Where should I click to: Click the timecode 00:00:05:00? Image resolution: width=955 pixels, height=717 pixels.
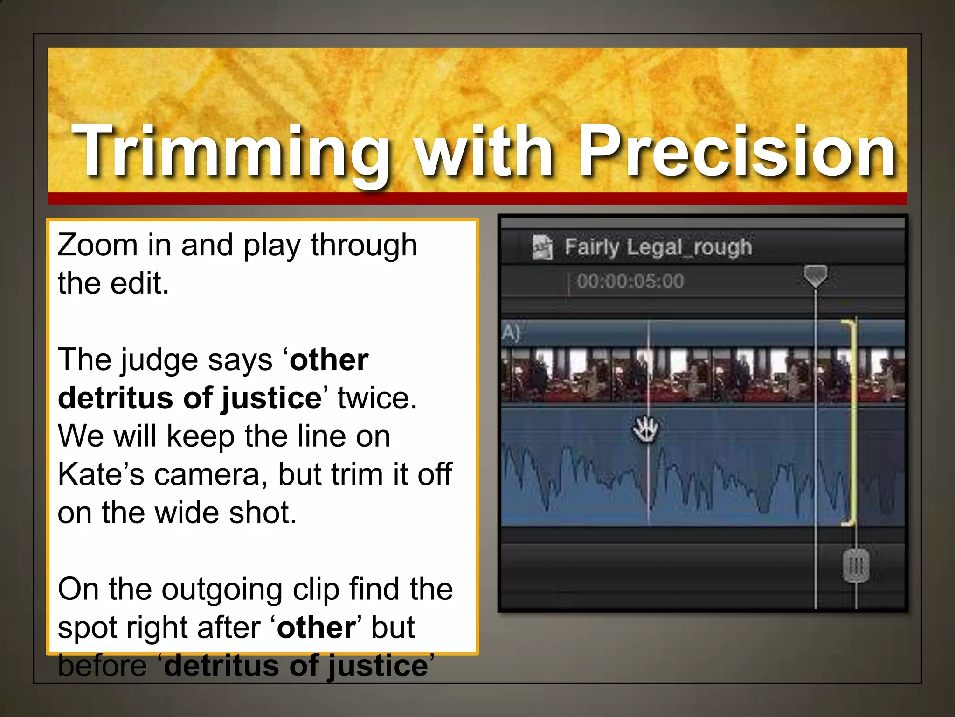tap(630, 281)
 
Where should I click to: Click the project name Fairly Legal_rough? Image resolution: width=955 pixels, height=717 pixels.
tap(658, 247)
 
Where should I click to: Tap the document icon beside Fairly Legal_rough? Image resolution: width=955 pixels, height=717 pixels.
tap(542, 247)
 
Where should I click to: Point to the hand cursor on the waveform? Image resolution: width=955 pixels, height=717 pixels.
tap(646, 429)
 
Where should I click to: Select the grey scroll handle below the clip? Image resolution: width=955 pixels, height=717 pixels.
tap(856, 566)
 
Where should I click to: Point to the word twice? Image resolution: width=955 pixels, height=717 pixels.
tap(377, 399)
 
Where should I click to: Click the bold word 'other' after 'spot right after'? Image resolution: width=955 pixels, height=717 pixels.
tap(317, 628)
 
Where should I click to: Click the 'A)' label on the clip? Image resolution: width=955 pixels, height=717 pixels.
tap(511, 333)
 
